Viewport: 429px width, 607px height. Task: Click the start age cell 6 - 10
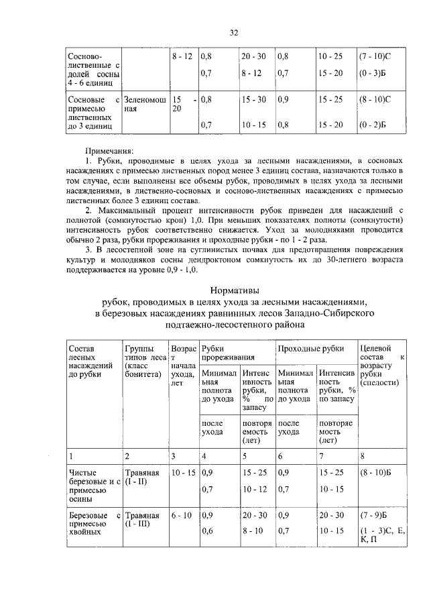tap(182, 515)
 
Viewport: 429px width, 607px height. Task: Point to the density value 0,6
tap(206, 532)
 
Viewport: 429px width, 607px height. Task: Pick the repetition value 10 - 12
tap(253, 490)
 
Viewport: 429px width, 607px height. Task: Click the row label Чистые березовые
tap(94, 478)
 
